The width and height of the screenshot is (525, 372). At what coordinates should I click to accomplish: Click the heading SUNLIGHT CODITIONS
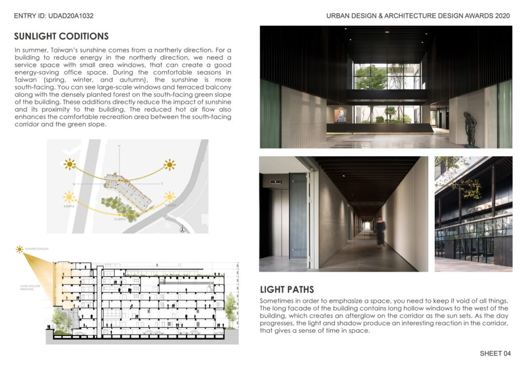[x=61, y=36]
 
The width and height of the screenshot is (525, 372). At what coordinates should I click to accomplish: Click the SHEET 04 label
[x=495, y=354]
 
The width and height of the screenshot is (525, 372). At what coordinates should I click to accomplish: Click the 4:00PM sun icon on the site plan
[x=69, y=197]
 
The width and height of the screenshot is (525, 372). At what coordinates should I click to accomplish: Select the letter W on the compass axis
[x=74, y=183]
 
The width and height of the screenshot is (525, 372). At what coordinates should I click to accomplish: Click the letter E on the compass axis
[x=162, y=183]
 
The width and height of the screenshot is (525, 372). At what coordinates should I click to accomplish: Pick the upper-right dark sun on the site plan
[x=169, y=165]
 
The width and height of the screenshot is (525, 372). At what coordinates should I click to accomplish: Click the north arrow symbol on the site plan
[x=182, y=230]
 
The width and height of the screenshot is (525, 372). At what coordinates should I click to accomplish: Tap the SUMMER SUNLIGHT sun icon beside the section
[x=19, y=249]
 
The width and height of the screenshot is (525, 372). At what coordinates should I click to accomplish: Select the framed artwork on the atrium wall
[x=340, y=116]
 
